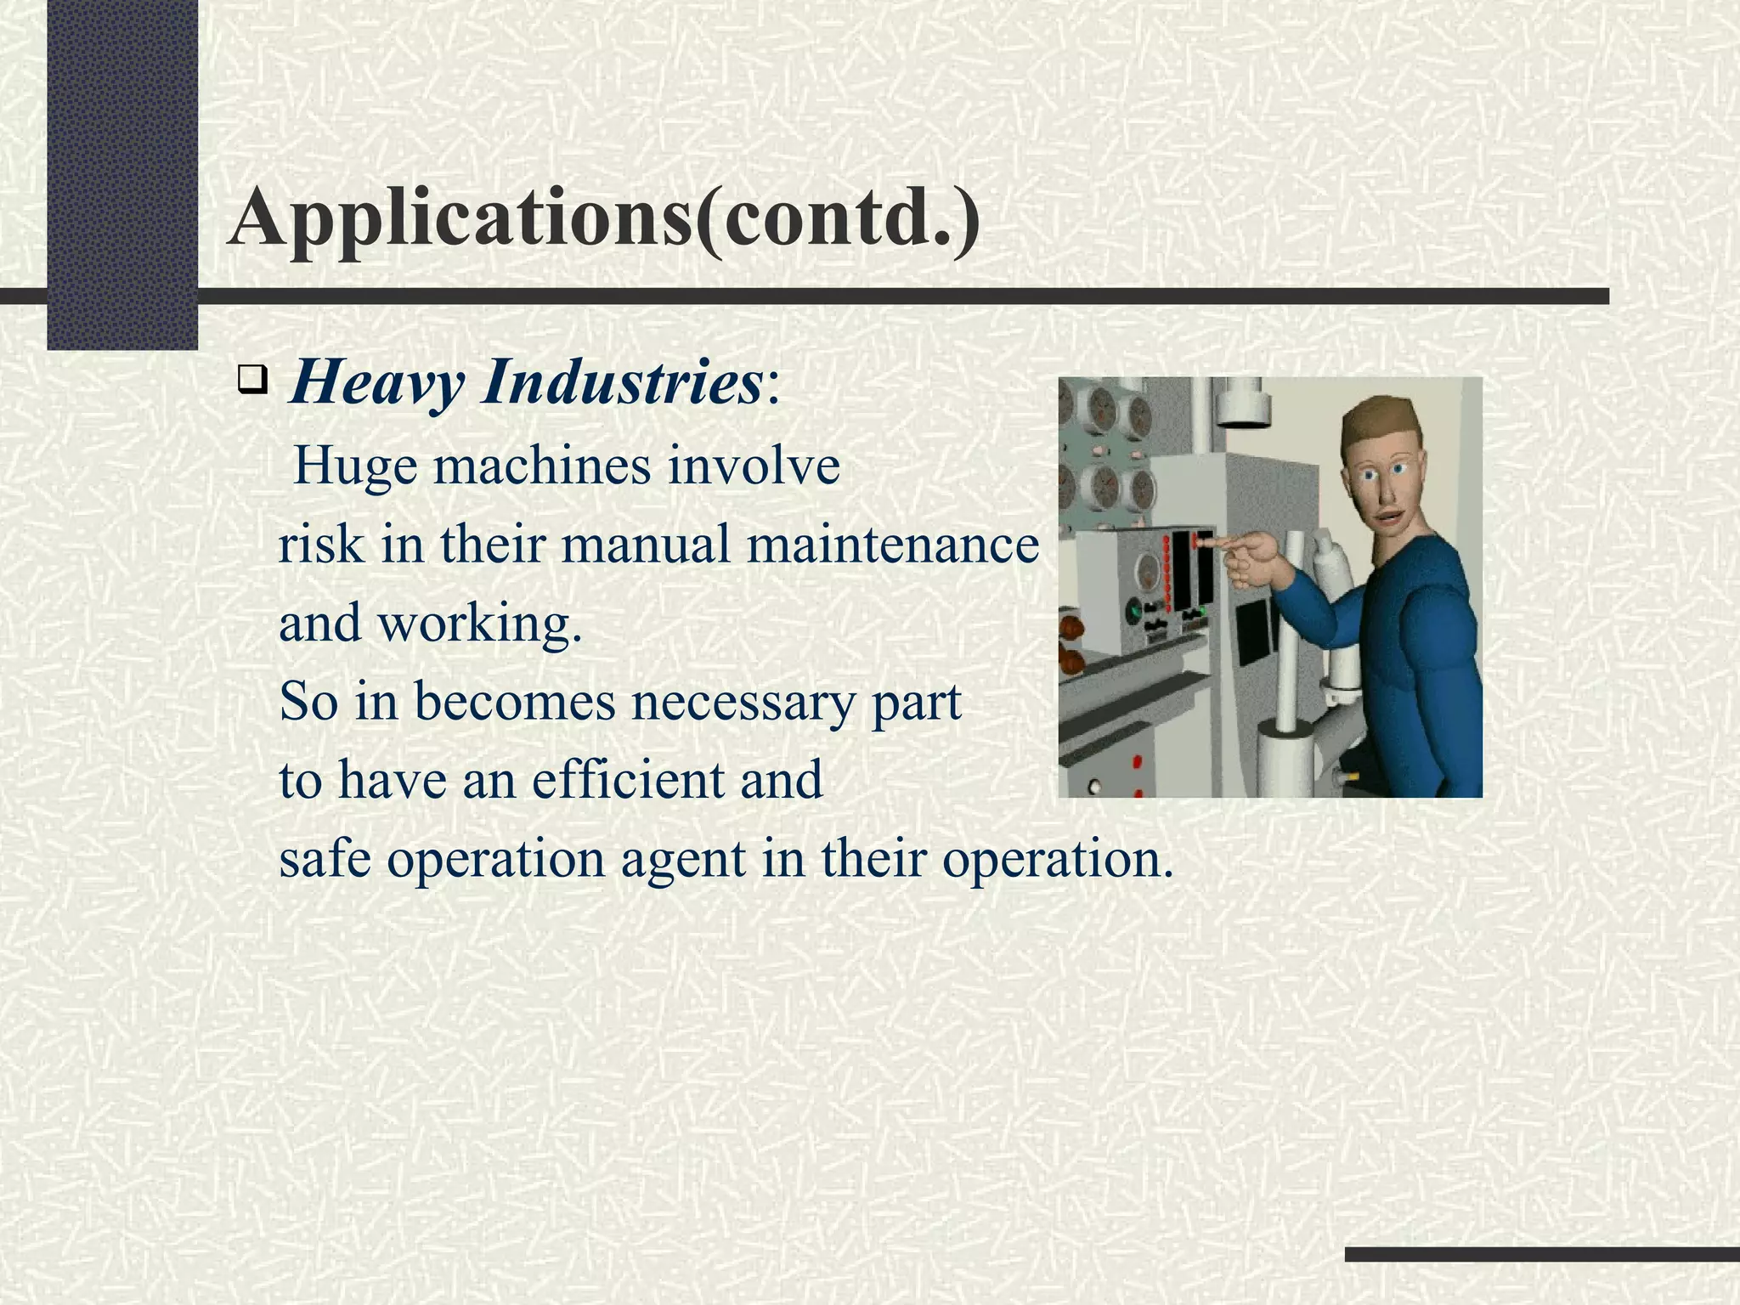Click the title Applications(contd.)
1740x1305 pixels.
click(x=603, y=219)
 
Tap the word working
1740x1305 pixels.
click(x=479, y=624)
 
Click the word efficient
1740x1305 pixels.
click(x=629, y=780)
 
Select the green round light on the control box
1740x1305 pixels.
click(x=1133, y=609)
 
